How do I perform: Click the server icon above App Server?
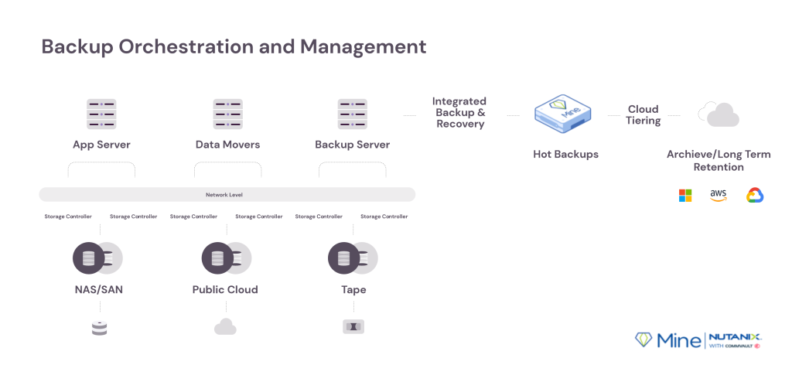[101, 114]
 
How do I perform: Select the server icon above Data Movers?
[228, 114]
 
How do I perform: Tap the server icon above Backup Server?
[353, 114]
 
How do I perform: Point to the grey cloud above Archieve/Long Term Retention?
[719, 114]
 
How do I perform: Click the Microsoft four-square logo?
[685, 196]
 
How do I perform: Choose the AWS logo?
[718, 196]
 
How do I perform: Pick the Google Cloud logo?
[755, 196]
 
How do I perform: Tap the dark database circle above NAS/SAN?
[88, 258]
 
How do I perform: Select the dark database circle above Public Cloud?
[217, 258]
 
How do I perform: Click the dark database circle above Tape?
[343, 258]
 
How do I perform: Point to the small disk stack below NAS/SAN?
[100, 329]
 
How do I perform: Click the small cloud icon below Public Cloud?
[225, 326]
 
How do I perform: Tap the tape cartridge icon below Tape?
[353, 327]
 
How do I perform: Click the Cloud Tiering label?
[643, 115]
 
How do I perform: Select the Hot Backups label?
[565, 154]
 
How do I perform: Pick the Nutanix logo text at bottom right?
[735, 337]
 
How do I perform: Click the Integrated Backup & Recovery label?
[459, 113]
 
